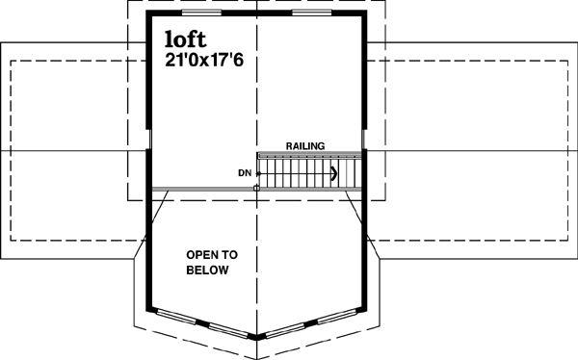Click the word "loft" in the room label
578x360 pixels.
coord(184,40)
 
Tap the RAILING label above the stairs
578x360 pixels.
coord(304,146)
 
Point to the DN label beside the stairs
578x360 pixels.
coord(244,173)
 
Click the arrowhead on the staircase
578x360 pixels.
coord(333,174)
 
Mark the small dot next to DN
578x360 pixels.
coord(257,173)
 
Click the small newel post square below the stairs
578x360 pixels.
coord(255,189)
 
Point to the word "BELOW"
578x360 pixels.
coord(208,271)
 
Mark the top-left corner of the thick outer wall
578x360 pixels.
coord(148,13)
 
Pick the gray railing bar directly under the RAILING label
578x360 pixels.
coord(308,154)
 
